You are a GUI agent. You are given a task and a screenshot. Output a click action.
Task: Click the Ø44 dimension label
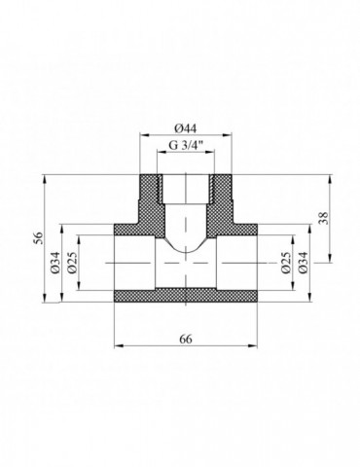tap(185, 128)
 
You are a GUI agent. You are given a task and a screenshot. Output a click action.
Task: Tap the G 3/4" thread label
tap(186, 145)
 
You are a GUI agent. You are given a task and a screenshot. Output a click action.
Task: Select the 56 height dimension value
tap(38, 238)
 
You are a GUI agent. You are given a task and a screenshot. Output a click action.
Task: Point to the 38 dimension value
tap(324, 218)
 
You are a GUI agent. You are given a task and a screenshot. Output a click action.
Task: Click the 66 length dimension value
tap(186, 339)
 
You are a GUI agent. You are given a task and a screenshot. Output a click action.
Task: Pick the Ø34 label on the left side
tap(54, 262)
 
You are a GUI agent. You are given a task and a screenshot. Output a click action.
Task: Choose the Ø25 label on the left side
tap(72, 262)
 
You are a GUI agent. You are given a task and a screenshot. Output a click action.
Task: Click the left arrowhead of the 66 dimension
tap(119, 346)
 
